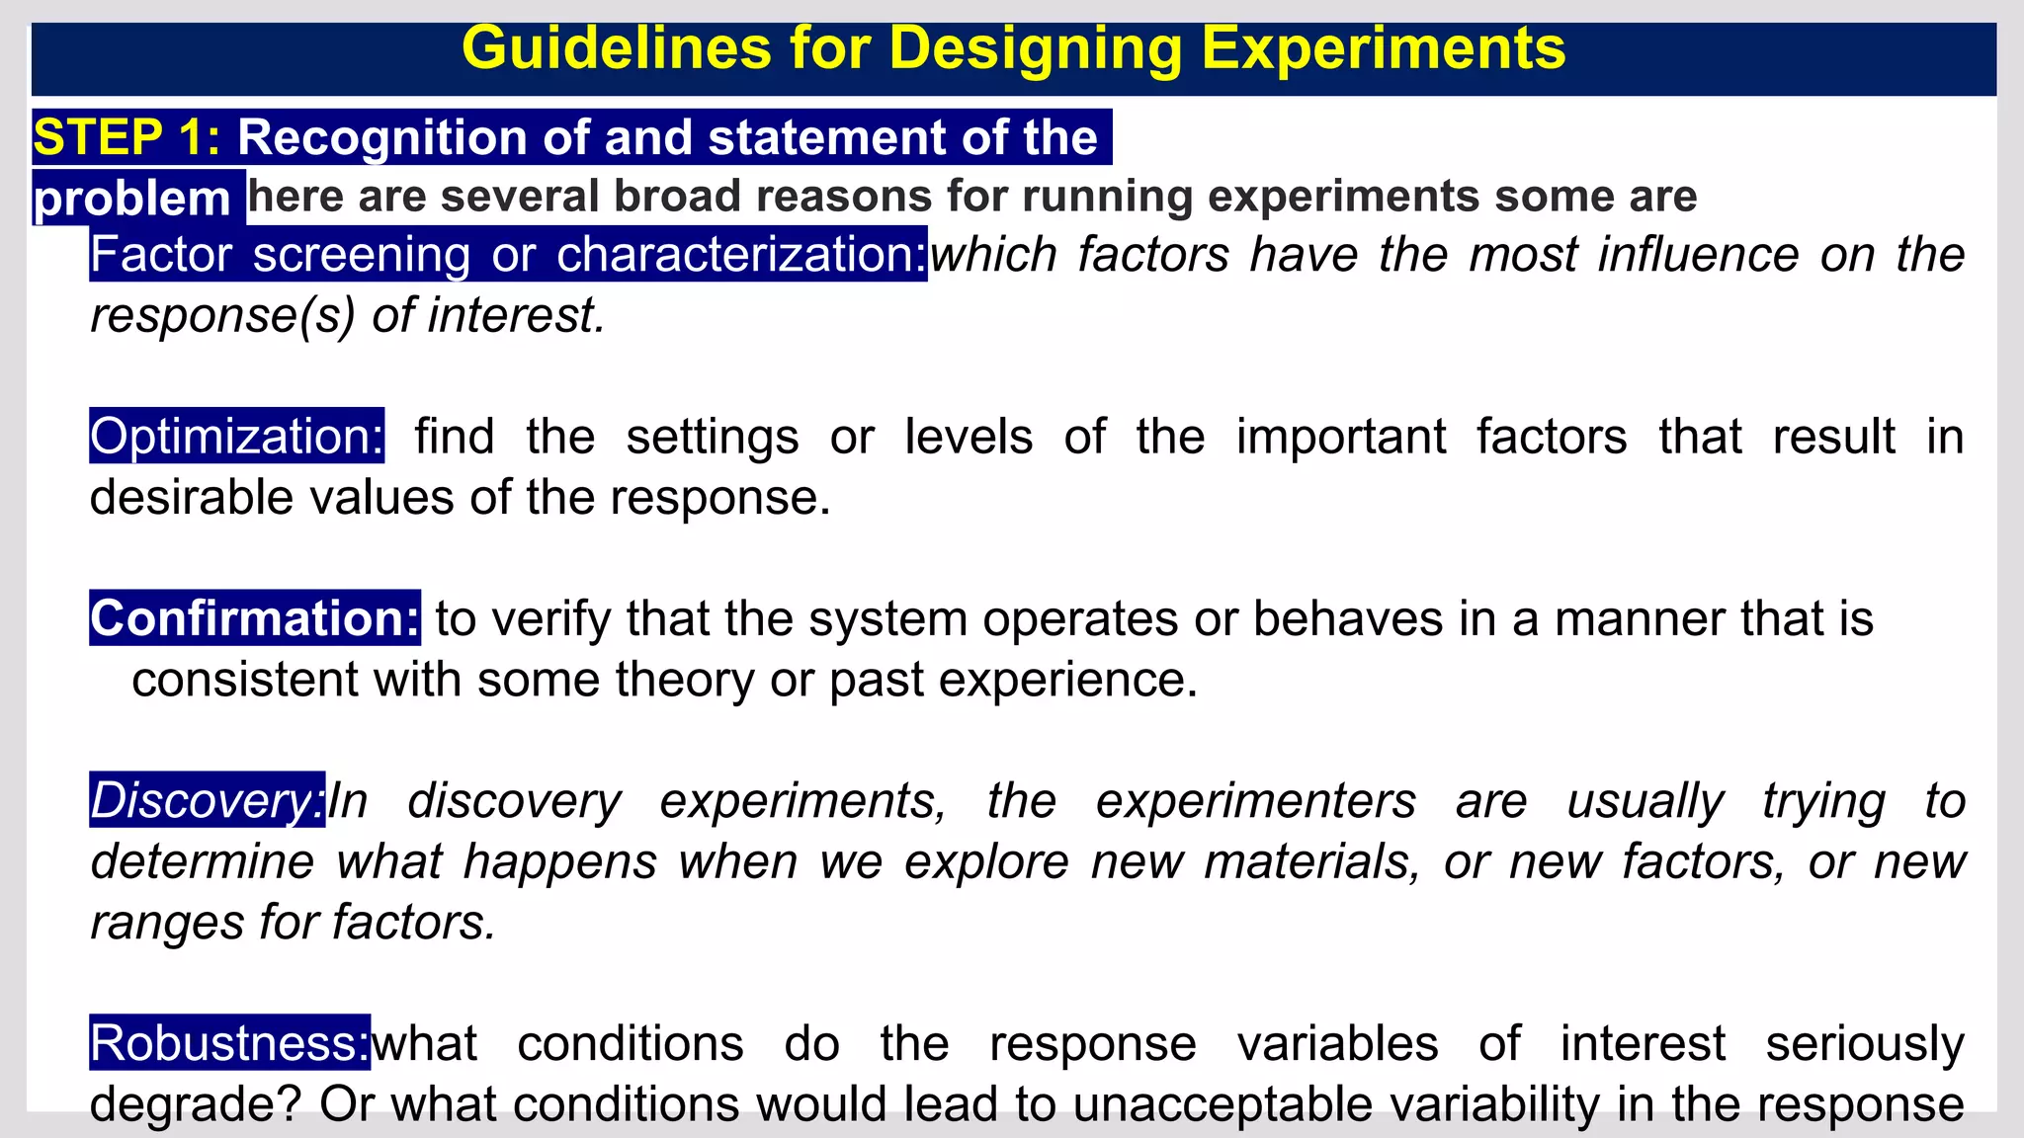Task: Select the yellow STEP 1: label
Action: pos(127,136)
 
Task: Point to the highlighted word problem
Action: pos(132,199)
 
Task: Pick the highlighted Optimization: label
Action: pos(236,436)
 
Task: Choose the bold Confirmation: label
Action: pos(255,618)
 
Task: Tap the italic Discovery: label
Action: pos(207,800)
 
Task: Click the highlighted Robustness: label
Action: pos(229,1043)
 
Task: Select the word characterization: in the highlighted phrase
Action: pos(741,255)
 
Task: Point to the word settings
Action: pos(712,436)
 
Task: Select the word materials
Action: pos(1312,861)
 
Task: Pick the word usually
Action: pos(1645,800)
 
